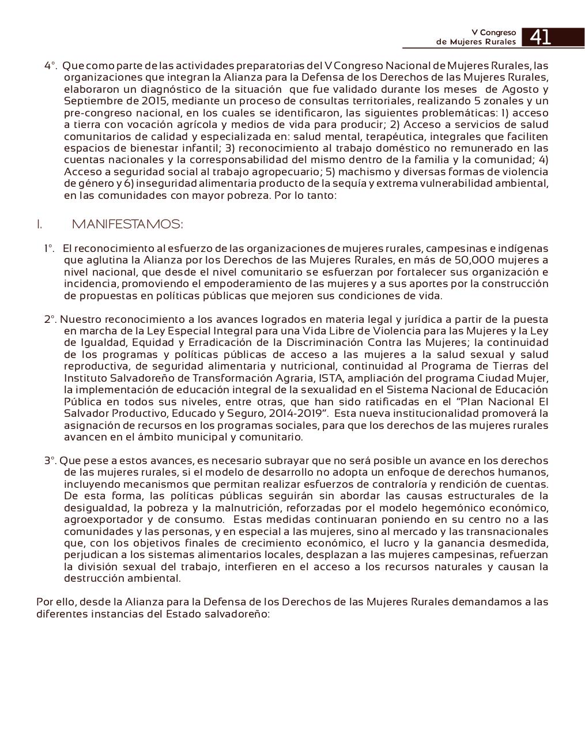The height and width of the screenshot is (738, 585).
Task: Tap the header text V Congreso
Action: pyautogui.click(x=493, y=33)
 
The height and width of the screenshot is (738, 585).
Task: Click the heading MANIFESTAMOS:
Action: pyautogui.click(x=127, y=224)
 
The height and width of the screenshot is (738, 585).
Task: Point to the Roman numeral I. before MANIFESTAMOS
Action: pyautogui.click(x=39, y=224)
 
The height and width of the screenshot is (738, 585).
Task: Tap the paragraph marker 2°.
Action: pyautogui.click(x=50, y=319)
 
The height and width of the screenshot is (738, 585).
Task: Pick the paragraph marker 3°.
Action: pyautogui.click(x=50, y=461)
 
